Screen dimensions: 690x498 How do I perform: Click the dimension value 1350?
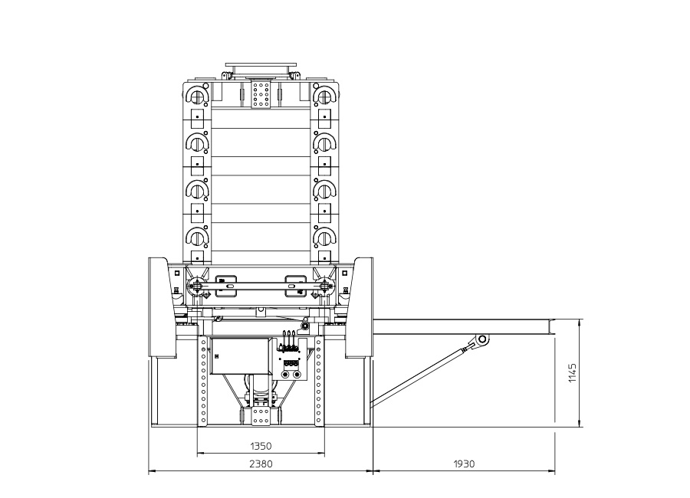click(x=261, y=446)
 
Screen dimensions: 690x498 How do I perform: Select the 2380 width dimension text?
click(x=261, y=464)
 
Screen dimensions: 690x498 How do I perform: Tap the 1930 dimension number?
click(x=464, y=464)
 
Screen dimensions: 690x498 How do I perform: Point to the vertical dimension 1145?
click(x=572, y=372)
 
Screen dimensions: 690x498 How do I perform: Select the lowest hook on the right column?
click(x=325, y=237)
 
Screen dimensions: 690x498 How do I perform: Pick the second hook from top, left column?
click(x=196, y=142)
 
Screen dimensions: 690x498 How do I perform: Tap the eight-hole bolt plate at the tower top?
click(x=261, y=93)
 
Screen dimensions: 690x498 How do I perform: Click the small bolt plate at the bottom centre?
click(x=261, y=416)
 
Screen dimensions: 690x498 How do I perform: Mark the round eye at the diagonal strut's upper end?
click(x=482, y=339)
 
